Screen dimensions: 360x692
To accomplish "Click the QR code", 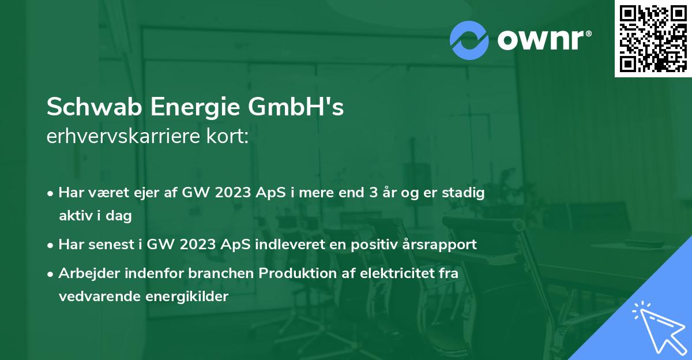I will pos(653,38).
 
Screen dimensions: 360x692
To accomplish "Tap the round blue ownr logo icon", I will pos(469,40).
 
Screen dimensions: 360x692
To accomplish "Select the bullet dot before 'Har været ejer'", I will pos(51,193).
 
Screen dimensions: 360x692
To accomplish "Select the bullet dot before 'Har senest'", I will pos(51,245).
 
